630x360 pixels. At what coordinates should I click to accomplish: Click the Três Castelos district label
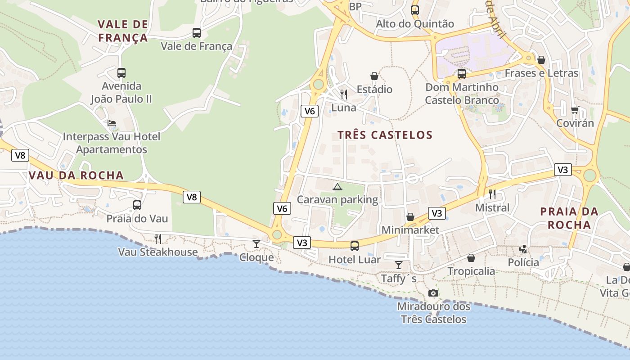385,135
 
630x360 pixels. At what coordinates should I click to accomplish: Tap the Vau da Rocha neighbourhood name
76,175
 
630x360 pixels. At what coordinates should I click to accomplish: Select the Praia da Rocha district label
569,218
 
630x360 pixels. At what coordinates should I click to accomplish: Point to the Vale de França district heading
123,31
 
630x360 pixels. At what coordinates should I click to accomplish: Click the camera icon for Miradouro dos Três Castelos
433,293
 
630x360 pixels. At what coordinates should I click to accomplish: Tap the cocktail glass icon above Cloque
256,244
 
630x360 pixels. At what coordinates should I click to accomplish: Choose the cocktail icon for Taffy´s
399,265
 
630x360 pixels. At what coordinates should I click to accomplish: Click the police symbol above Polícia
523,249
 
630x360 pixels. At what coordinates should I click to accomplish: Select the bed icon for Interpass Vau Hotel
112,123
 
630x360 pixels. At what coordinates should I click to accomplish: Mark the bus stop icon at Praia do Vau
137,205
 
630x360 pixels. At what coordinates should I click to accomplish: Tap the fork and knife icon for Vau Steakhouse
158,238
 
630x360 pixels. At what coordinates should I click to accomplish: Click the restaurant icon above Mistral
492,194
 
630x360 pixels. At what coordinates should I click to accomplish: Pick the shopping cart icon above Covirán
575,110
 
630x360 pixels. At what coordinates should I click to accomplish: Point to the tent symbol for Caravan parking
337,186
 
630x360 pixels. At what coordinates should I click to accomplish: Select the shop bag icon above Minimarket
410,217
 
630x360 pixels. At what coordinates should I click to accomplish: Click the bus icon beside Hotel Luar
355,246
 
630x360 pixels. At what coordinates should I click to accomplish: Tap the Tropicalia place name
471,271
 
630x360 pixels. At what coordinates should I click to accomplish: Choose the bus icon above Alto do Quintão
415,10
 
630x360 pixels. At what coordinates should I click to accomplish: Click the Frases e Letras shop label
541,73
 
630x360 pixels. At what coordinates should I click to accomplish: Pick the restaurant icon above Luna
344,94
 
